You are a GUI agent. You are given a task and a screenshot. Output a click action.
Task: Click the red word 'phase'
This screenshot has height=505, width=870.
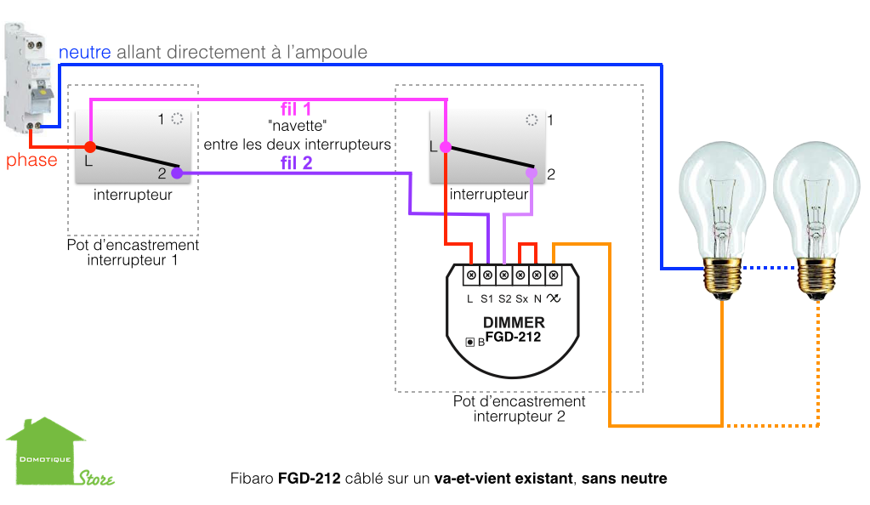pyautogui.click(x=32, y=160)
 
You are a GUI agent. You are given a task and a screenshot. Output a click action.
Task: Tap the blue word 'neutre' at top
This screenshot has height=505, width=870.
pyautogui.click(x=84, y=52)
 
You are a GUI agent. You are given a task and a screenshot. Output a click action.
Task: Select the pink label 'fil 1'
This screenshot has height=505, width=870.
pyautogui.click(x=296, y=110)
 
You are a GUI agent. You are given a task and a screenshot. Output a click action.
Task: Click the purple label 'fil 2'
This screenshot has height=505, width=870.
pyautogui.click(x=296, y=162)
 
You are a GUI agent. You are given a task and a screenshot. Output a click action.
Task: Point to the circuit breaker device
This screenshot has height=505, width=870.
pyautogui.click(x=25, y=77)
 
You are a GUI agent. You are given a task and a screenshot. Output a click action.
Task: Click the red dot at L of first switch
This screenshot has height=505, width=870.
pyautogui.click(x=90, y=148)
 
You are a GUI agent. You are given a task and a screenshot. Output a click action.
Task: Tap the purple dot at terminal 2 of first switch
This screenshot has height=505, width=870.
pyautogui.click(x=177, y=173)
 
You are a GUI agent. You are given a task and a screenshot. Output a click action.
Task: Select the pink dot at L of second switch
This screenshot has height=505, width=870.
pyautogui.click(x=444, y=147)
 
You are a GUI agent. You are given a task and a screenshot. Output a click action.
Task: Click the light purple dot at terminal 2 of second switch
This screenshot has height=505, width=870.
pyautogui.click(x=532, y=173)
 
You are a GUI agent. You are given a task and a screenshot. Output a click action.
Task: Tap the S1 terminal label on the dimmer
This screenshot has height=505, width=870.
pyautogui.click(x=486, y=298)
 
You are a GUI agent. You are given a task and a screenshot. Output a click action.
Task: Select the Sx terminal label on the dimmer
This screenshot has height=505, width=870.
pyautogui.click(x=521, y=298)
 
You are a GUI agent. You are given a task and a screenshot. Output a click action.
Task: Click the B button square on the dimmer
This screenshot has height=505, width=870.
pyautogui.click(x=469, y=342)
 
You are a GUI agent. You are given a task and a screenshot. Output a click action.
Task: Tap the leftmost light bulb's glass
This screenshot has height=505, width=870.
pyautogui.click(x=721, y=196)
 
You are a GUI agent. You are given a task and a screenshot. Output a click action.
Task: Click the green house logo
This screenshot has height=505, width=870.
pyautogui.click(x=47, y=451)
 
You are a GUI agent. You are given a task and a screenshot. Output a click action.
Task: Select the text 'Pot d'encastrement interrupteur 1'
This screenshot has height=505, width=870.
pyautogui.click(x=133, y=252)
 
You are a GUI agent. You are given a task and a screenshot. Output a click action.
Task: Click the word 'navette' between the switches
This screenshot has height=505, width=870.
pyautogui.click(x=298, y=127)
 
